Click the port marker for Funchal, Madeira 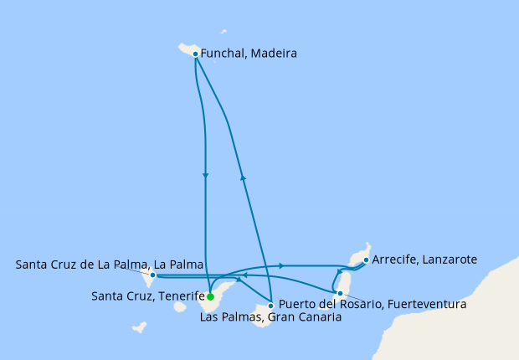click(195, 54)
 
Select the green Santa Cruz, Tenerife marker click(210, 296)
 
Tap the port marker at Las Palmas click(270, 305)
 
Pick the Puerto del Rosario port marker click(339, 293)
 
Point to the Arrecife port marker click(366, 260)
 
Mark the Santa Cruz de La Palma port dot click(152, 274)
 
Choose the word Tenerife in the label click(180, 296)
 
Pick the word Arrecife click(392, 260)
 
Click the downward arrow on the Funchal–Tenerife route click(205, 175)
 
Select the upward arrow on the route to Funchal click(243, 177)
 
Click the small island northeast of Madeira click(224, 32)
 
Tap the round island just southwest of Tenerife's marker click(180, 307)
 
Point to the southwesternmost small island click(140, 327)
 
